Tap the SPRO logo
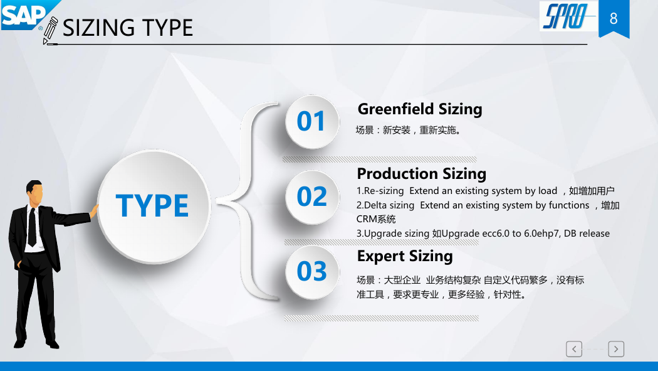[568, 16]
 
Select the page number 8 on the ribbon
[614, 18]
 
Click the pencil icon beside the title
[50, 30]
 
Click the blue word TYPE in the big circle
[152, 205]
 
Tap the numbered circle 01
[312, 121]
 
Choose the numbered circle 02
[312, 196]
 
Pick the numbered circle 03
[312, 271]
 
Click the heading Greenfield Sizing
[420, 109]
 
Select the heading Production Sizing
[421, 173]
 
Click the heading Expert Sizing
[405, 256]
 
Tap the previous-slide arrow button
[573, 349]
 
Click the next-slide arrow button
[616, 349]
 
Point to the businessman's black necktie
[32, 227]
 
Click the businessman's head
[34, 193]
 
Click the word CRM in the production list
[366, 219]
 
